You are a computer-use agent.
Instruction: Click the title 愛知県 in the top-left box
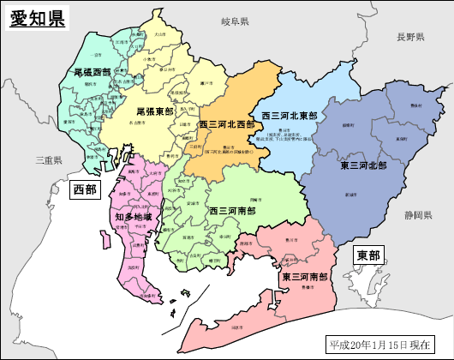[x=37, y=19]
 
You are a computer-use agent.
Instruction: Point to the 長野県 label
[x=410, y=37]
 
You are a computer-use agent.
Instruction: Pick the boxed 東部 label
[x=369, y=255]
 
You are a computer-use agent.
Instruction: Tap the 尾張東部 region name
[x=155, y=111]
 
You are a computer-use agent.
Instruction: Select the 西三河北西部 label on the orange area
[x=227, y=124]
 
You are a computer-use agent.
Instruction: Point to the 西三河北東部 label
[x=289, y=115]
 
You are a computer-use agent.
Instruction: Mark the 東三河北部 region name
[x=363, y=165]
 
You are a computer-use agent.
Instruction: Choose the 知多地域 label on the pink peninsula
[x=133, y=218]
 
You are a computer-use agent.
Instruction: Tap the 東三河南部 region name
[x=305, y=277]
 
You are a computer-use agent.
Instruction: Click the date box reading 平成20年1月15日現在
[x=386, y=345]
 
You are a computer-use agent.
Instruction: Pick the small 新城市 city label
[x=349, y=195]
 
